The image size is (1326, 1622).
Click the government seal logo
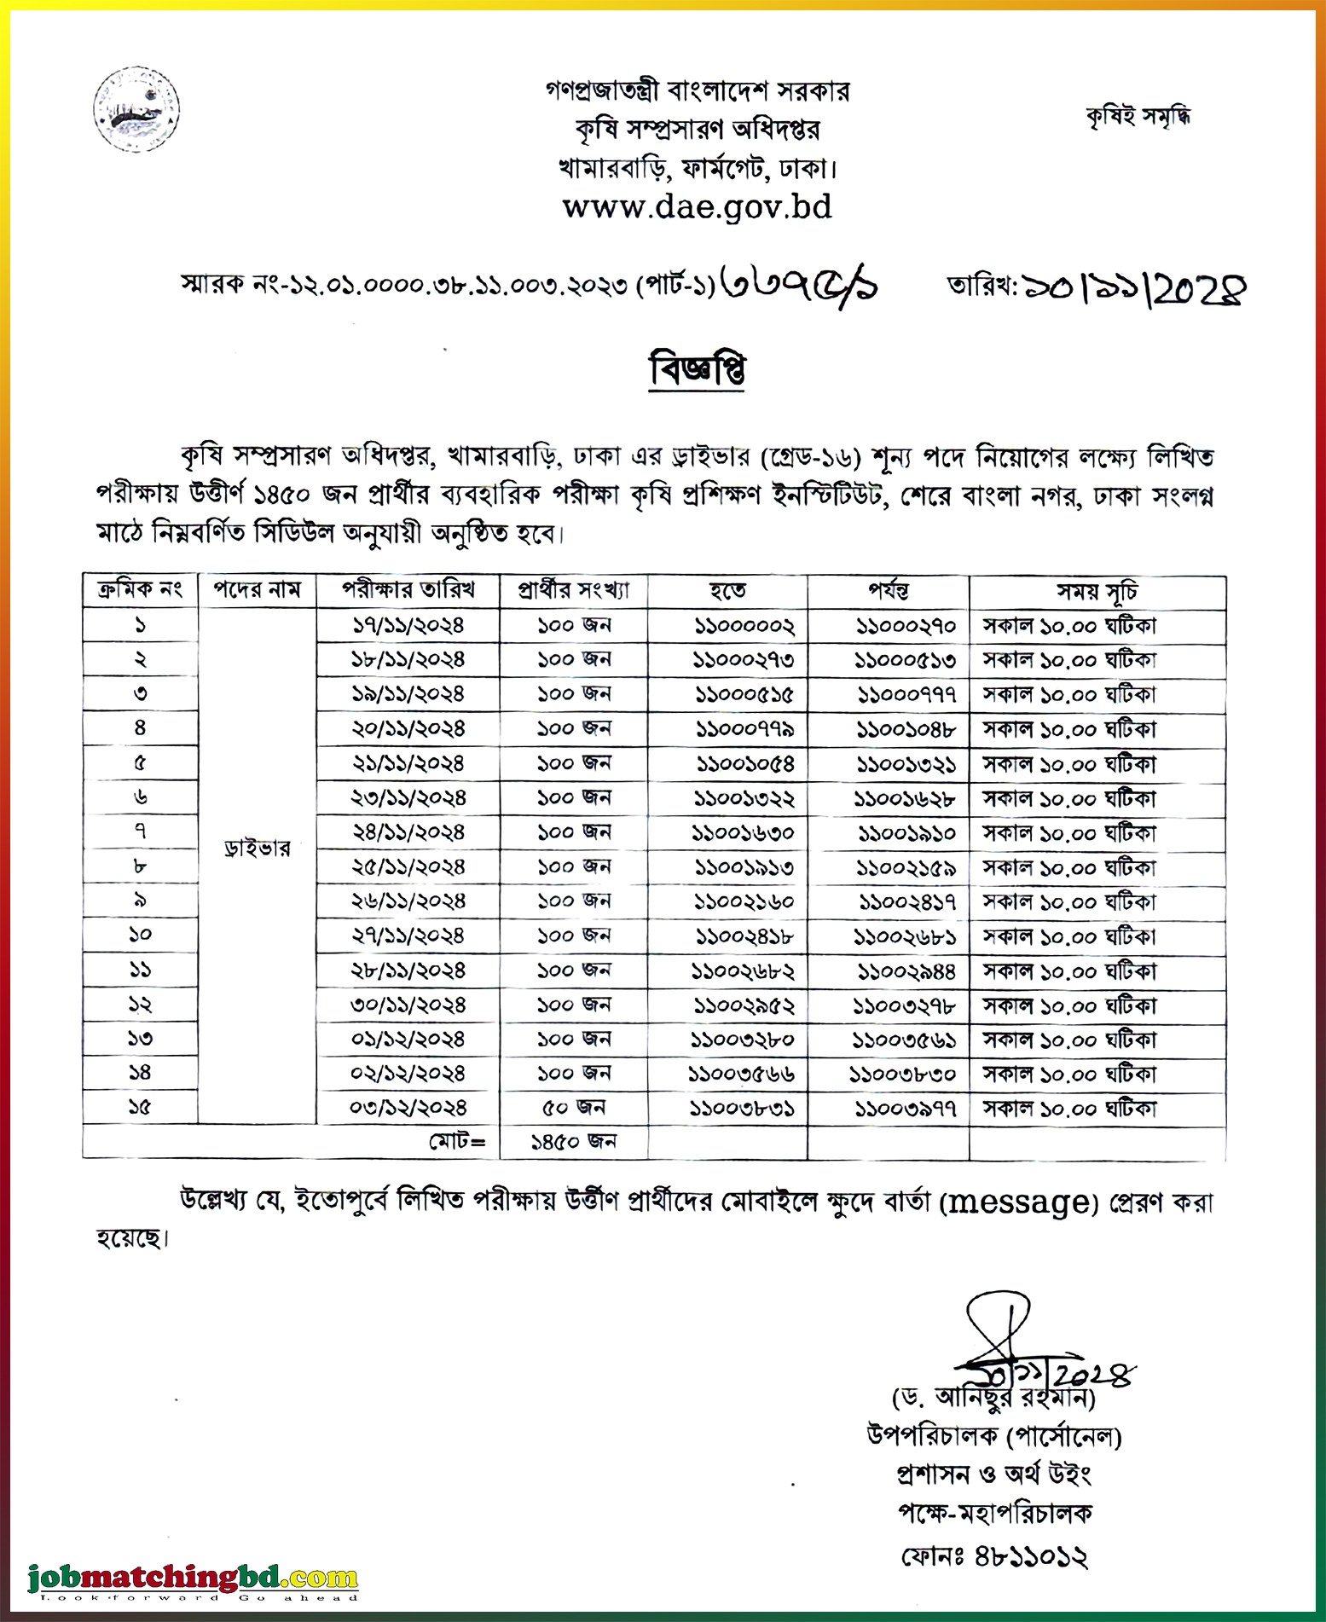tap(136, 109)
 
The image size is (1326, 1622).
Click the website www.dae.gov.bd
tap(697, 207)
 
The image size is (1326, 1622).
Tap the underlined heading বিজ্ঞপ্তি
tap(697, 370)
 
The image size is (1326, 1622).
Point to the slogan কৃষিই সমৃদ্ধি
tap(1138, 115)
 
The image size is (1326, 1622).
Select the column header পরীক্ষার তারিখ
tap(408, 590)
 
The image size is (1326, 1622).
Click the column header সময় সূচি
tap(1097, 591)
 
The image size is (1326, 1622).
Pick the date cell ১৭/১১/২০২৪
tap(408, 626)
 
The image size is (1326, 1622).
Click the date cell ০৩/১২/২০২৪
tap(408, 1109)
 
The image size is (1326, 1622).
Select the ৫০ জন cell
tap(573, 1109)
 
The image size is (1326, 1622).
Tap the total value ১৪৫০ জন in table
tap(573, 1142)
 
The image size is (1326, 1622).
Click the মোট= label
tap(457, 1142)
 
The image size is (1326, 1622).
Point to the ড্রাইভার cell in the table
tap(257, 849)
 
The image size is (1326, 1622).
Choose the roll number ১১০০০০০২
tap(744, 627)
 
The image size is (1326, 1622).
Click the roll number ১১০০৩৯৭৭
tap(906, 1109)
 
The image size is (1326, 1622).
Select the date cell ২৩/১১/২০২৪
tap(408, 798)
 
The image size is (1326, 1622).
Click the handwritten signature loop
tap(998, 1318)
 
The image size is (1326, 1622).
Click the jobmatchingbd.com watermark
tap(193, 1579)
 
